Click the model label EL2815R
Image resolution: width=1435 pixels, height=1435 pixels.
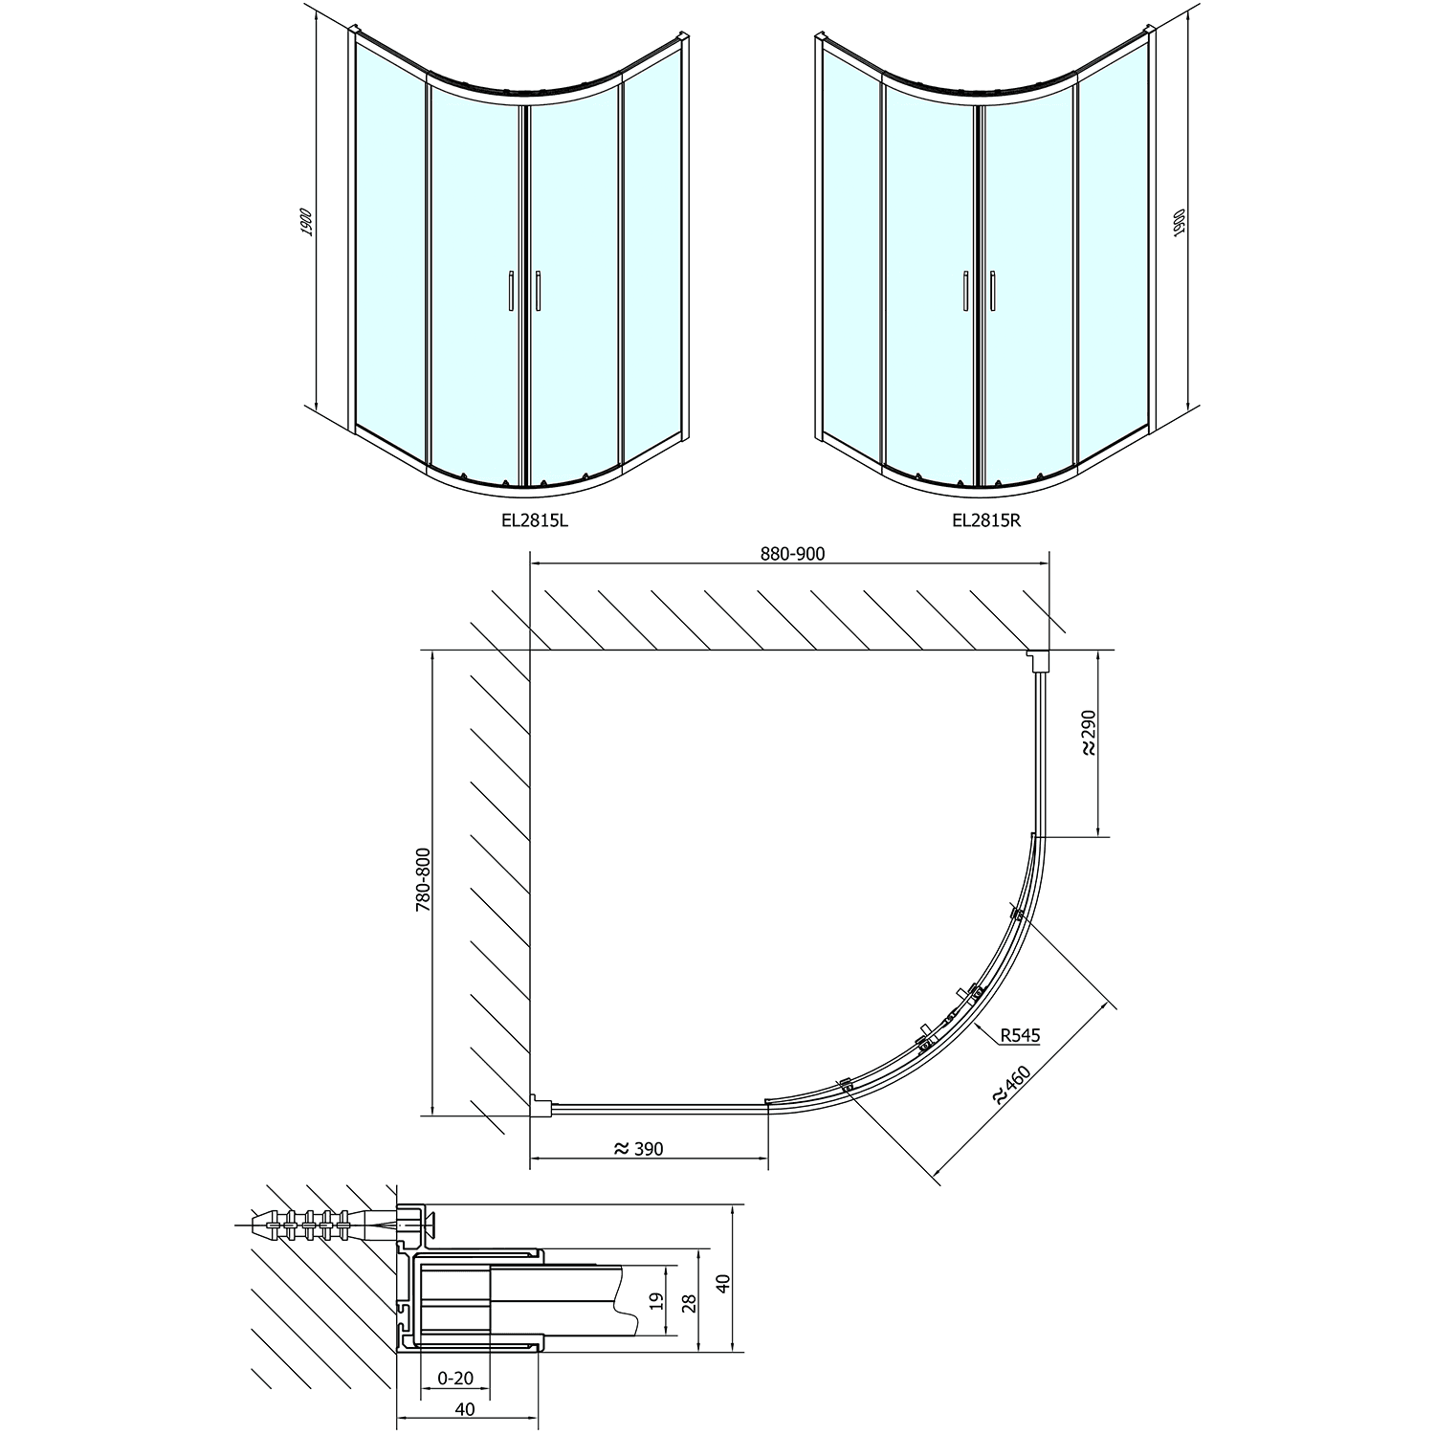tap(986, 521)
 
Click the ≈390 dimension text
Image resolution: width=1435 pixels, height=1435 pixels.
tap(638, 1148)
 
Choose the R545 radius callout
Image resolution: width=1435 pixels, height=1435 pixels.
tap(1020, 1034)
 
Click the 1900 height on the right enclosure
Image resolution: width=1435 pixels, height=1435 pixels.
tap(1179, 224)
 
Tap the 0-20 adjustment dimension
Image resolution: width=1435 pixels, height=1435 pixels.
tap(455, 1378)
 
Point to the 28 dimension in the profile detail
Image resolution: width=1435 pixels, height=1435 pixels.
tap(692, 1301)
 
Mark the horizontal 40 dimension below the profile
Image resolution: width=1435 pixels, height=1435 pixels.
tap(465, 1409)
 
